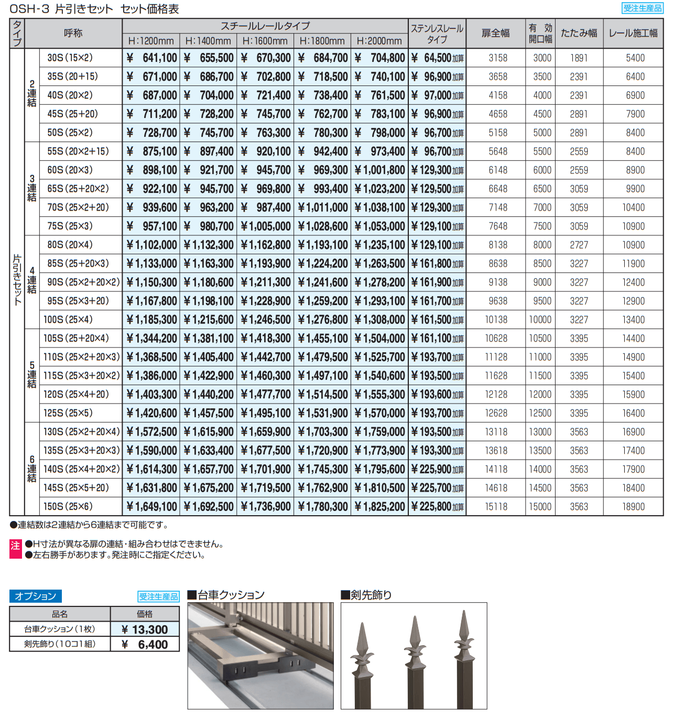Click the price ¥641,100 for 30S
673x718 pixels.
[x=151, y=58]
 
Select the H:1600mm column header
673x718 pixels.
[x=265, y=41]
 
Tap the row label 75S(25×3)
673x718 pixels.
[x=70, y=226]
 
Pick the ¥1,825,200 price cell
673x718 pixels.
[x=379, y=507]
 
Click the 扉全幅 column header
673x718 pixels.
[x=495, y=34]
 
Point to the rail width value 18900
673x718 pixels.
[x=633, y=507]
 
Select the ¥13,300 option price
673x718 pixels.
[x=145, y=629]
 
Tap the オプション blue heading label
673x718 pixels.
[x=36, y=596]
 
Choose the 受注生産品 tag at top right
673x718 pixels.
[x=642, y=8]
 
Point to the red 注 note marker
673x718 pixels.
[x=15, y=546]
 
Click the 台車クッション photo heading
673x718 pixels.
[x=226, y=595]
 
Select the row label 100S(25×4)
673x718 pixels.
[x=68, y=320]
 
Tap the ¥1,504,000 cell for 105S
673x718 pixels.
[x=379, y=339]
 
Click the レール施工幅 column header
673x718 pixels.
[x=633, y=34]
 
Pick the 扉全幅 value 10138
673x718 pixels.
[x=496, y=320]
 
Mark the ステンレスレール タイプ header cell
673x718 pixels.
[x=437, y=34]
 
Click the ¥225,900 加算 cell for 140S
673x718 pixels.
[x=437, y=470]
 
